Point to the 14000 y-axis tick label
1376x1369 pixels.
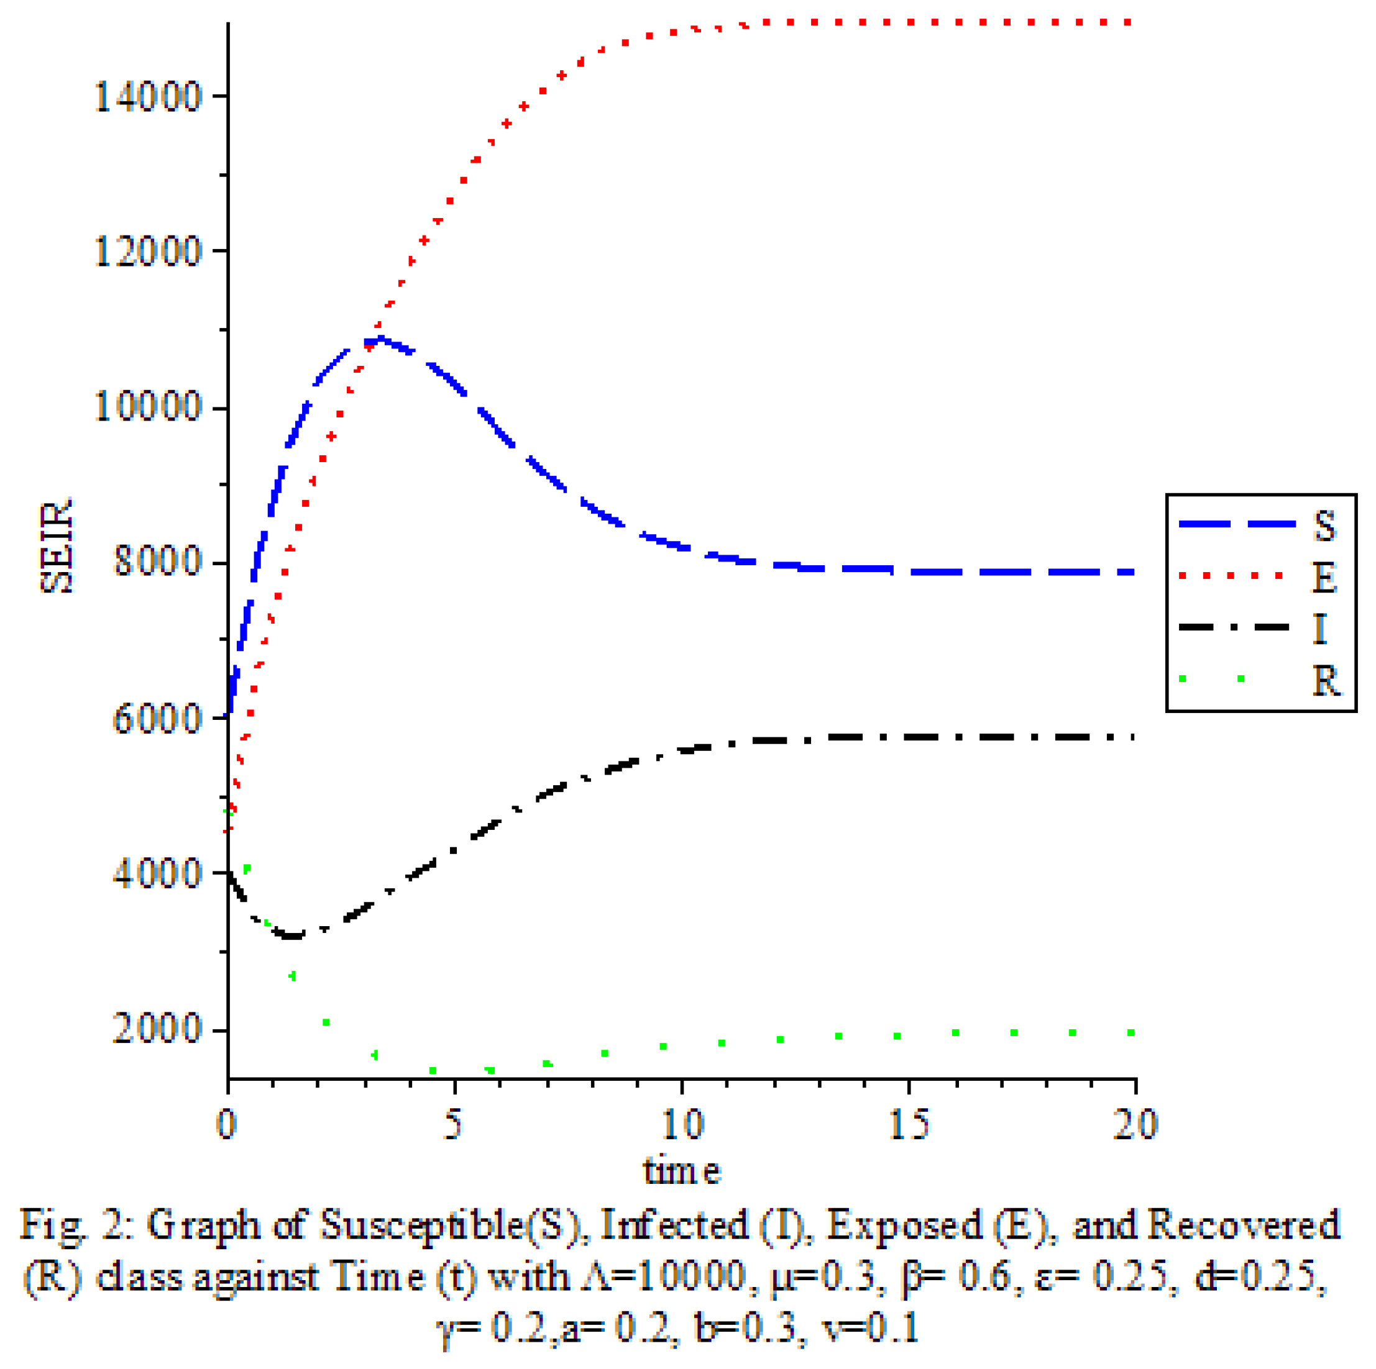(148, 97)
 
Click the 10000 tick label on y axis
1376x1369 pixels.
(148, 408)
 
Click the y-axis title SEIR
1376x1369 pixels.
(57, 547)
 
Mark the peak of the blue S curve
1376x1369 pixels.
(382, 340)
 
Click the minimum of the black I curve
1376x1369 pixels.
(292, 935)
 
